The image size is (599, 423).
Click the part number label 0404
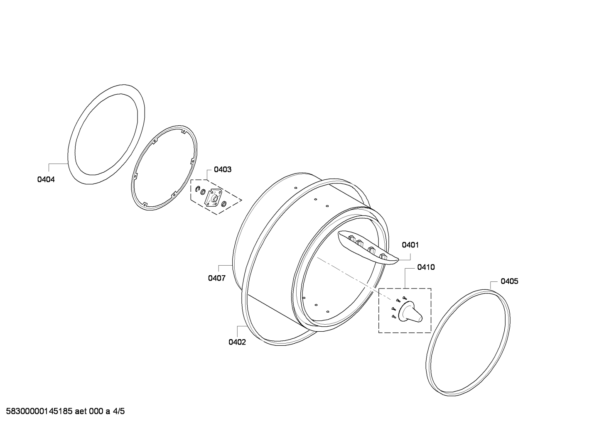point(46,180)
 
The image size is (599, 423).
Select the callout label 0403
point(223,169)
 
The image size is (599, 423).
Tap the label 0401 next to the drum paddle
point(410,245)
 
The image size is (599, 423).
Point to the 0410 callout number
point(426,267)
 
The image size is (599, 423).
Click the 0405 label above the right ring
point(509,281)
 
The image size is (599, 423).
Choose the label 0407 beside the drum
point(217,278)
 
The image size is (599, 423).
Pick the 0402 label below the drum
point(237,342)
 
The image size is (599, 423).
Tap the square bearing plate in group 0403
point(213,198)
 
